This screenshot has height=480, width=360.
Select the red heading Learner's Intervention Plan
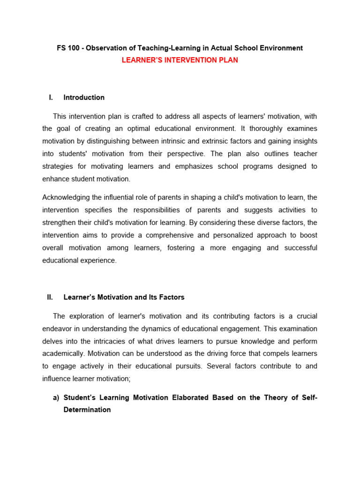[x=180, y=60]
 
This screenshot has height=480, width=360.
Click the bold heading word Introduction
[x=84, y=97]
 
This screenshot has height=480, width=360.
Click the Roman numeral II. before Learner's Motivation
[x=50, y=297]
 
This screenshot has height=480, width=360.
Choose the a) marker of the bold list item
[x=56, y=397]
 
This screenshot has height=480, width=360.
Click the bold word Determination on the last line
[x=87, y=410]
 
